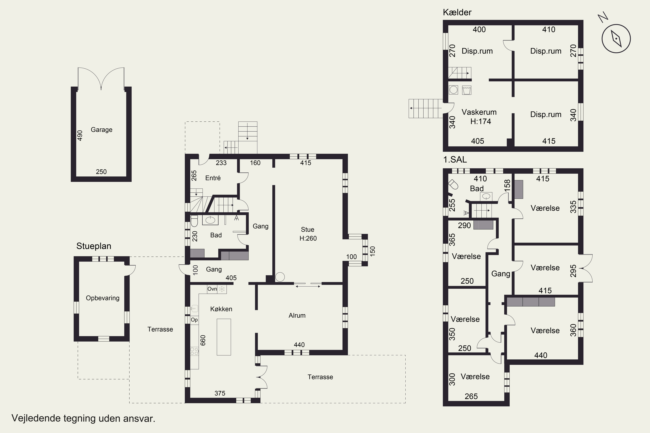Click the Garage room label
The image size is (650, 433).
(101, 130)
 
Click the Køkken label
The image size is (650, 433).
(221, 309)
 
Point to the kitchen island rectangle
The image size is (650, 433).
(224, 337)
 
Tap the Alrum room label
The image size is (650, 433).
(297, 315)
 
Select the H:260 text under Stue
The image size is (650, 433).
(308, 238)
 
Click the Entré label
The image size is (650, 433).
(213, 178)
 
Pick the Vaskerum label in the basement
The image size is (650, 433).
(479, 112)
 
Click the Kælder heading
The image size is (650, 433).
(457, 12)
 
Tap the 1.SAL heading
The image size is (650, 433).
(455, 160)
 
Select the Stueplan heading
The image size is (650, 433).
(94, 246)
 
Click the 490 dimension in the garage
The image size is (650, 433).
(80, 136)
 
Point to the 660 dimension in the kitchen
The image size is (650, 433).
(203, 340)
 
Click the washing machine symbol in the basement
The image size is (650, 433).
(453, 90)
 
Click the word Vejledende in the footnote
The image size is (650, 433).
(36, 418)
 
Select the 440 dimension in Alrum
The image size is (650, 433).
(299, 345)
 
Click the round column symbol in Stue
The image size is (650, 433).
(280, 277)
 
